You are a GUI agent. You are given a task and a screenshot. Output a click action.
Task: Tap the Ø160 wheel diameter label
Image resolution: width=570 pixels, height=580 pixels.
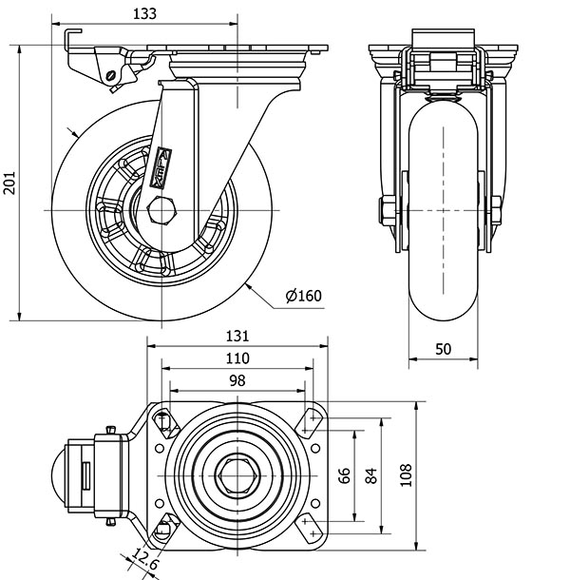click(304, 296)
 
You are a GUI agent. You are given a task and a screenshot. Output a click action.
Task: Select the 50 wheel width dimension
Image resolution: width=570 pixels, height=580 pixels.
click(443, 349)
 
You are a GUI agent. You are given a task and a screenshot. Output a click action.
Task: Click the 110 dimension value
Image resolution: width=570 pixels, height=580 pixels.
click(237, 358)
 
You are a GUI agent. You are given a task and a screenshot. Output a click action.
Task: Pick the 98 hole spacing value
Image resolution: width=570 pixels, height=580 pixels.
click(237, 380)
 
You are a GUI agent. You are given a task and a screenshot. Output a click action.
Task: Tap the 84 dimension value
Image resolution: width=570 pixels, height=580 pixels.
click(371, 474)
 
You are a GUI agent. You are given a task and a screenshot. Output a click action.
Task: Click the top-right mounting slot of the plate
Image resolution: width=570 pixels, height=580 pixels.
click(312, 419)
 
